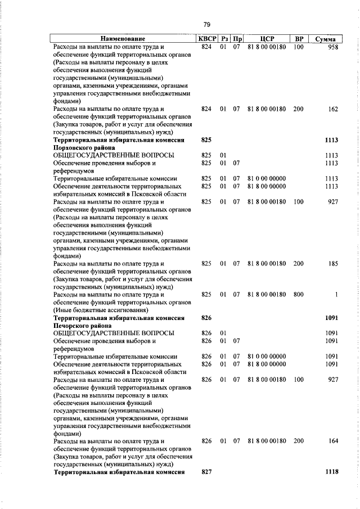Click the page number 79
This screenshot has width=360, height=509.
pyautogui.click(x=206, y=24)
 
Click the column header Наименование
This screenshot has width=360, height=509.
pyautogui.click(x=123, y=39)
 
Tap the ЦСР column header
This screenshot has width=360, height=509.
pyautogui.click(x=267, y=39)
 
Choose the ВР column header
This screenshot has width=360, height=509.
pyautogui.click(x=299, y=39)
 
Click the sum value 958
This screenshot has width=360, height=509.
pyautogui.click(x=332, y=47)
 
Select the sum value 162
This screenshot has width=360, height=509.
pyautogui.click(x=332, y=109)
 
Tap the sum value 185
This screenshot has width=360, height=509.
pyautogui.click(x=332, y=263)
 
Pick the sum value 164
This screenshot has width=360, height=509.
pyautogui.click(x=332, y=442)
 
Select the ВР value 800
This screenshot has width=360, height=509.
pyautogui.click(x=298, y=294)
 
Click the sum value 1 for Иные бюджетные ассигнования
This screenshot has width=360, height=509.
pyautogui.click(x=336, y=294)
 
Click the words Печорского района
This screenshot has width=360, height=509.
pyautogui.click(x=79, y=325)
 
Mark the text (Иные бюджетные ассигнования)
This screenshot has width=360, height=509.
pyautogui.click(x=100, y=309)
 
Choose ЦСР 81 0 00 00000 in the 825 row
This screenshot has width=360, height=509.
pyautogui.click(x=267, y=178)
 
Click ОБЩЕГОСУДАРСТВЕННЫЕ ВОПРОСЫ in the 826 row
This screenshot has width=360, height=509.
pyautogui.click(x=113, y=333)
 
